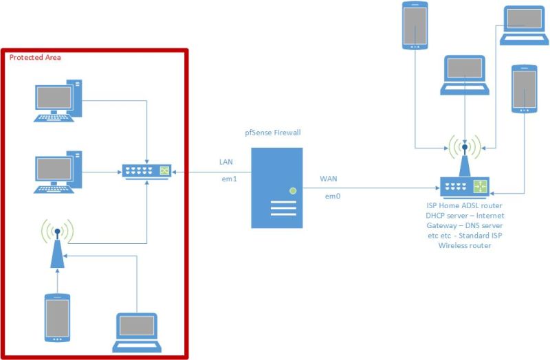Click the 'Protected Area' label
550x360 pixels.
point(35,58)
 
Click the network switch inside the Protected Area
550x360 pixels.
point(146,171)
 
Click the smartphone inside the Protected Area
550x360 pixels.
point(57,317)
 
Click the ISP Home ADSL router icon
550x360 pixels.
point(464,184)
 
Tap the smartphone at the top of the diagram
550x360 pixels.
point(415,25)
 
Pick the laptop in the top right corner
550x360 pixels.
point(525,25)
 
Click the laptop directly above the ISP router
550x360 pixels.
point(465,75)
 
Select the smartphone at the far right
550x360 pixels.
point(523,89)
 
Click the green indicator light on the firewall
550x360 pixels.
point(293,190)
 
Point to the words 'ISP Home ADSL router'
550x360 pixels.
point(464,205)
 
